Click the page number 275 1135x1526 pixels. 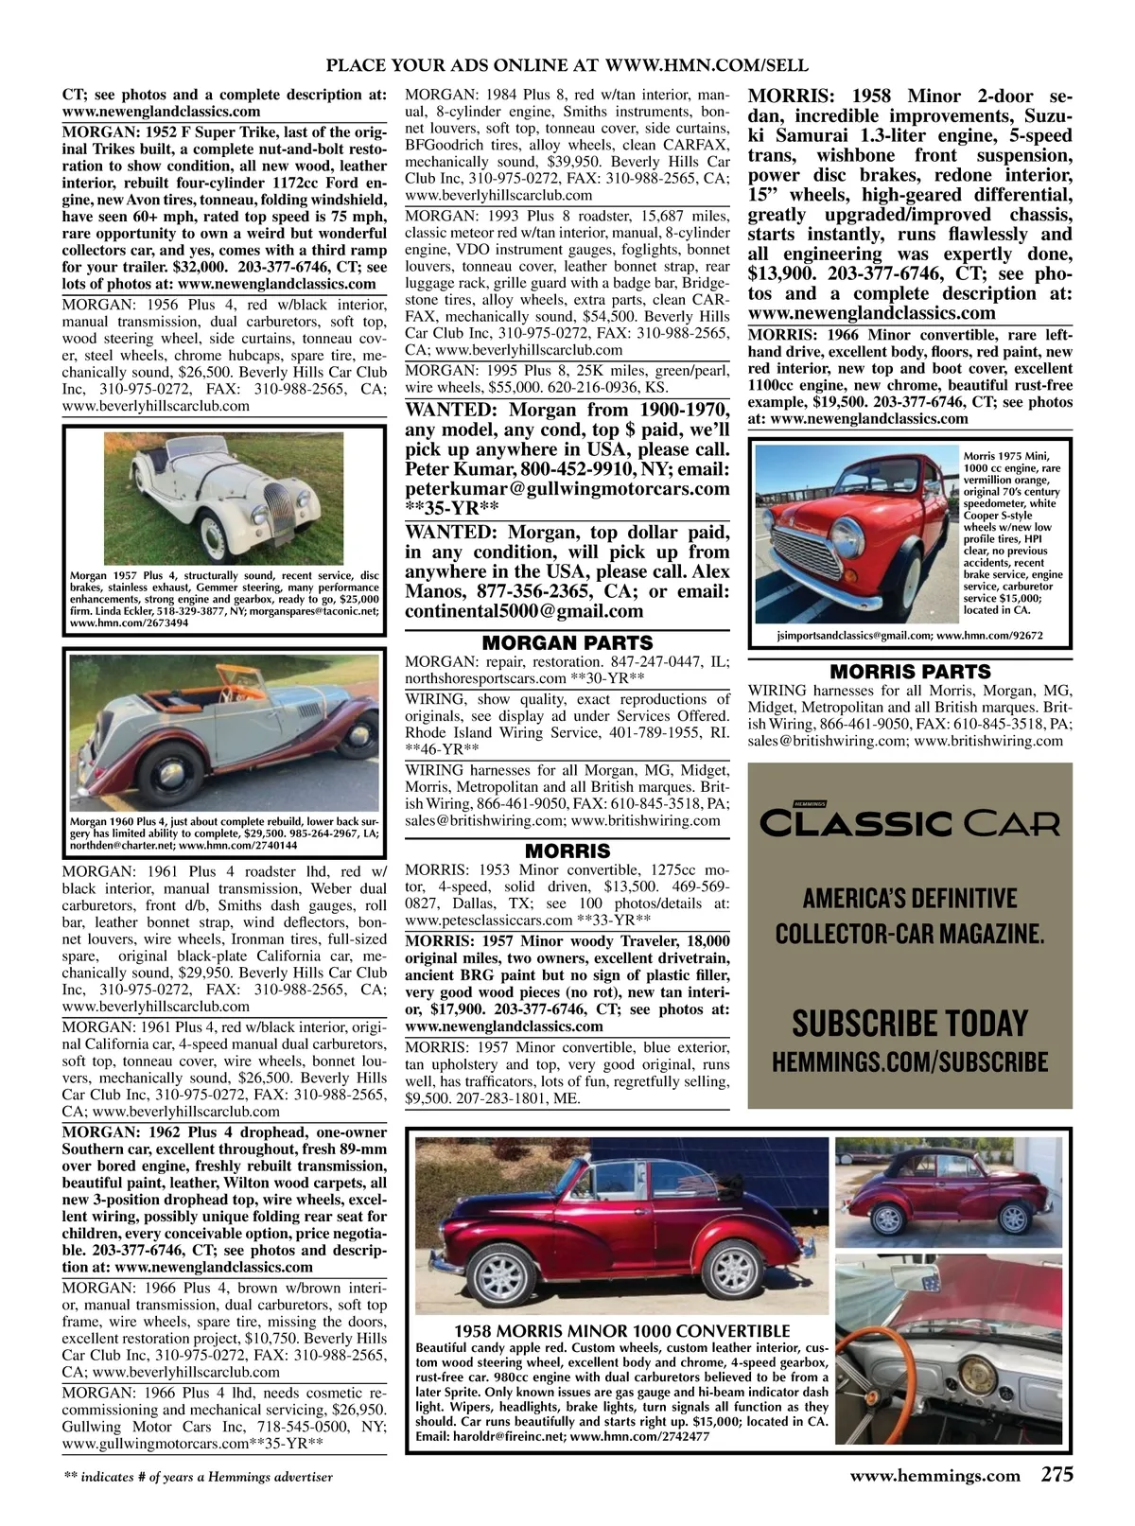tap(1056, 1475)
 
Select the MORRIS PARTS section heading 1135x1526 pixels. tap(910, 672)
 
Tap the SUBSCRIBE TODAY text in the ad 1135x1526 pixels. tap(910, 1024)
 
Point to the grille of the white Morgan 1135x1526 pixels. tap(274, 506)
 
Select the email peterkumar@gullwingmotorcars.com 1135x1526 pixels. tap(567, 489)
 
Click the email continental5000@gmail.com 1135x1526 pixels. tap(517, 611)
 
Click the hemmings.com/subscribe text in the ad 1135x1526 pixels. tap(910, 1061)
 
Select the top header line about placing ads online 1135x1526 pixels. tap(567, 65)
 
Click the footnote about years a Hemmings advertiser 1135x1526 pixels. tap(198, 1476)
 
